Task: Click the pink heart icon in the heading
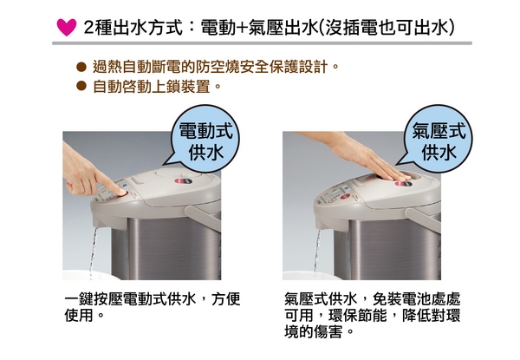pos(67,27)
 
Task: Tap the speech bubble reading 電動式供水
pos(205,139)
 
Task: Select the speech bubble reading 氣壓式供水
pos(438,139)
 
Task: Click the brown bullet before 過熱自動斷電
pos(81,67)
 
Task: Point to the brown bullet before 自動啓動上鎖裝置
pos(81,86)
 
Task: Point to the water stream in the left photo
pos(93,252)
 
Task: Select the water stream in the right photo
pos(317,252)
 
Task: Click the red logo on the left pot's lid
pos(181,181)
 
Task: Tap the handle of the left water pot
pos(203,218)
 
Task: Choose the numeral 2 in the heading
pos(88,28)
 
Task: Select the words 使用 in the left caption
pos(79,315)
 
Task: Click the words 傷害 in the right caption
pos(328,331)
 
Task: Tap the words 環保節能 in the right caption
pos(357,315)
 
